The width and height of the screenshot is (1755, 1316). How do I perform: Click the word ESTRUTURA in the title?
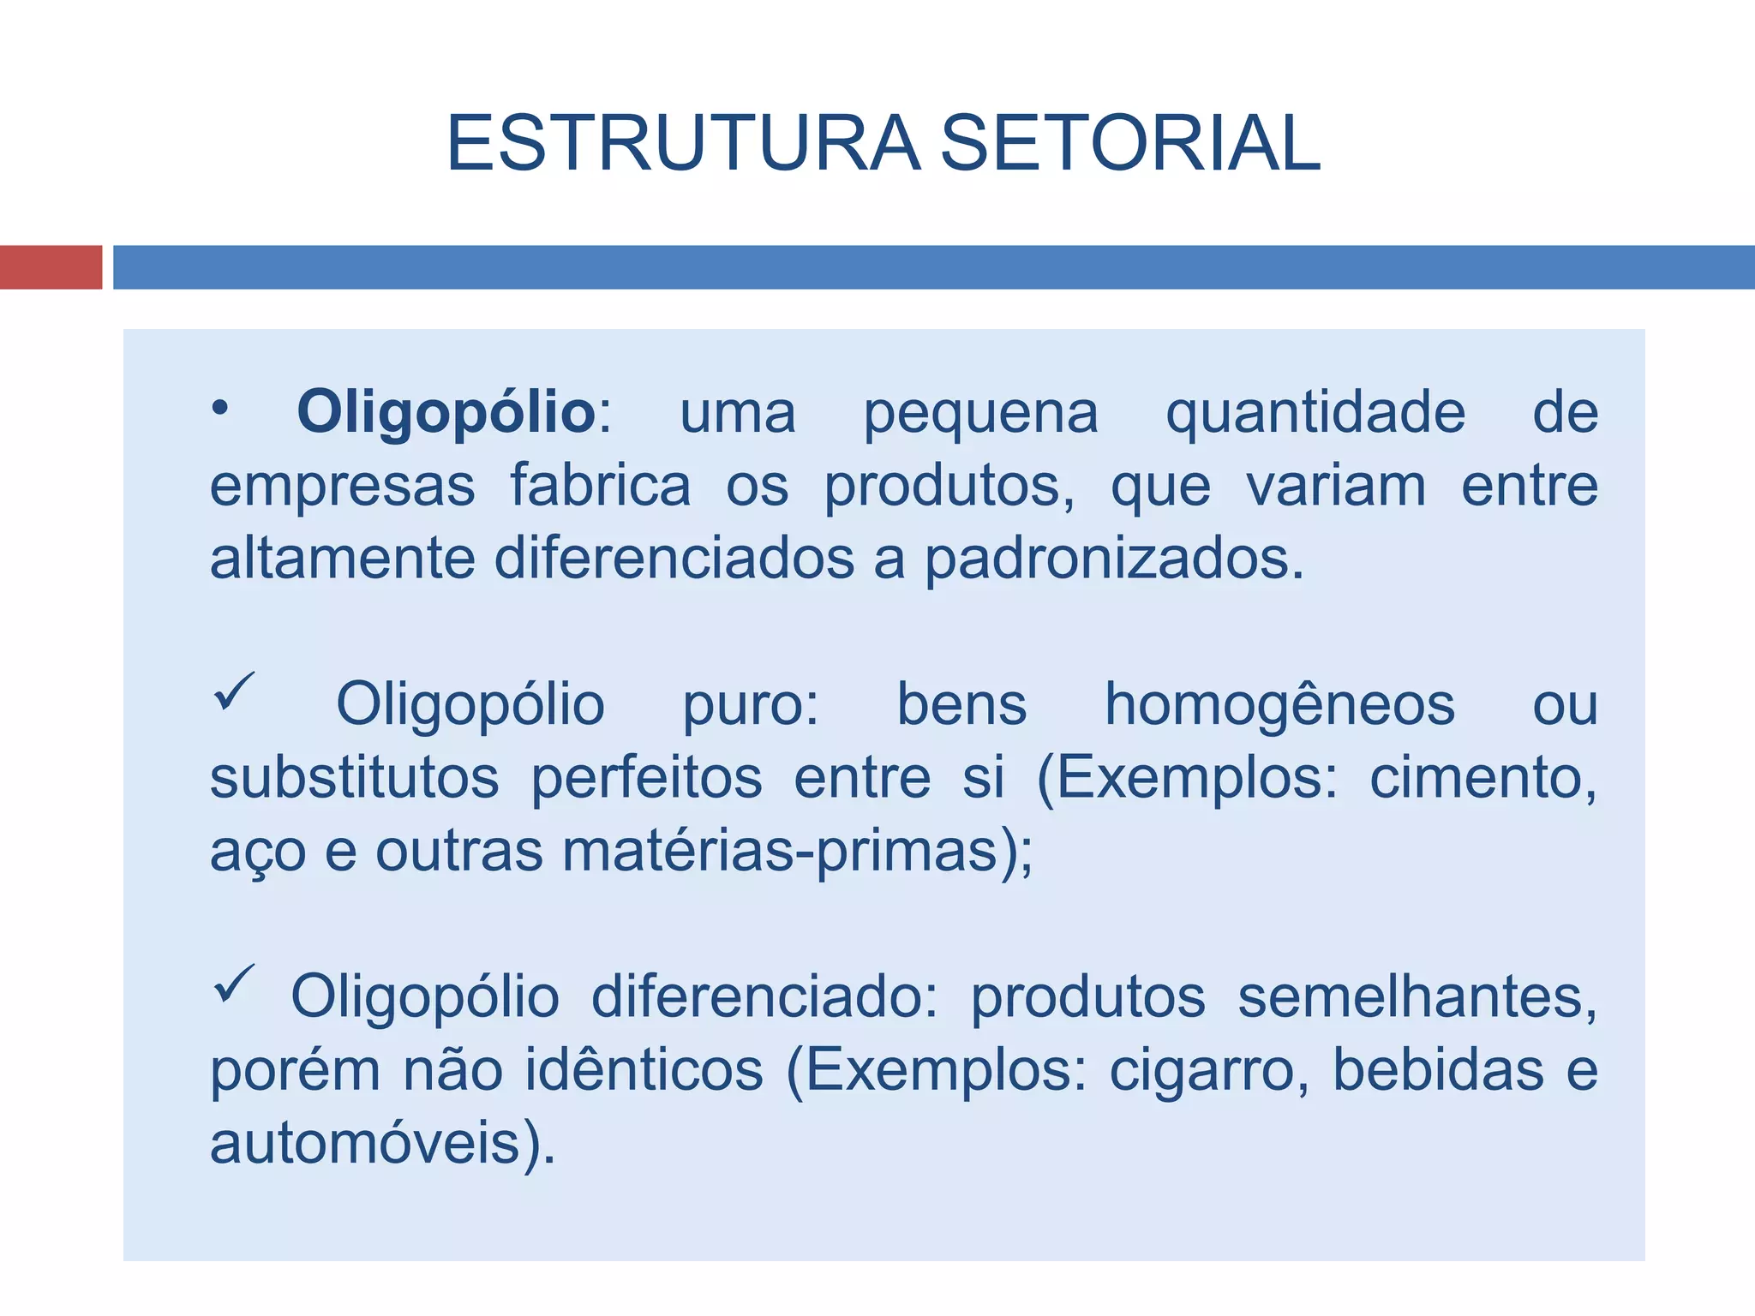tap(683, 143)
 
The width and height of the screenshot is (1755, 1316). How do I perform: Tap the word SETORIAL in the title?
tap(1130, 143)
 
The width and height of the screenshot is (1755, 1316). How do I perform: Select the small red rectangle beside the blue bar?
tap(51, 267)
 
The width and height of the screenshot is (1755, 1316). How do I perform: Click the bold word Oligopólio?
tap(446, 413)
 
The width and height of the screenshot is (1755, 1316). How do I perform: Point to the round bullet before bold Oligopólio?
tap(220, 410)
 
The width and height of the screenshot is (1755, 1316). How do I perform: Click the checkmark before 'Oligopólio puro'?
tap(233, 691)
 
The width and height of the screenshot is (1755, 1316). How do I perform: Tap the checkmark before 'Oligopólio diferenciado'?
tap(233, 983)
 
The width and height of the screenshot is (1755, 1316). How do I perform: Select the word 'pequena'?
tap(980, 415)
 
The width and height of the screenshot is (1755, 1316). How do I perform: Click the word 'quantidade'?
tap(1315, 415)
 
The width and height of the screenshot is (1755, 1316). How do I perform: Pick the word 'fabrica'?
tap(601, 486)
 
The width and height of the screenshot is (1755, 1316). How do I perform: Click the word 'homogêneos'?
tap(1279, 706)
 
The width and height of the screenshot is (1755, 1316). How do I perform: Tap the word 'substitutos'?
tap(354, 778)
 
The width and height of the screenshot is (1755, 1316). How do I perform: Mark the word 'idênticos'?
tap(643, 1071)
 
